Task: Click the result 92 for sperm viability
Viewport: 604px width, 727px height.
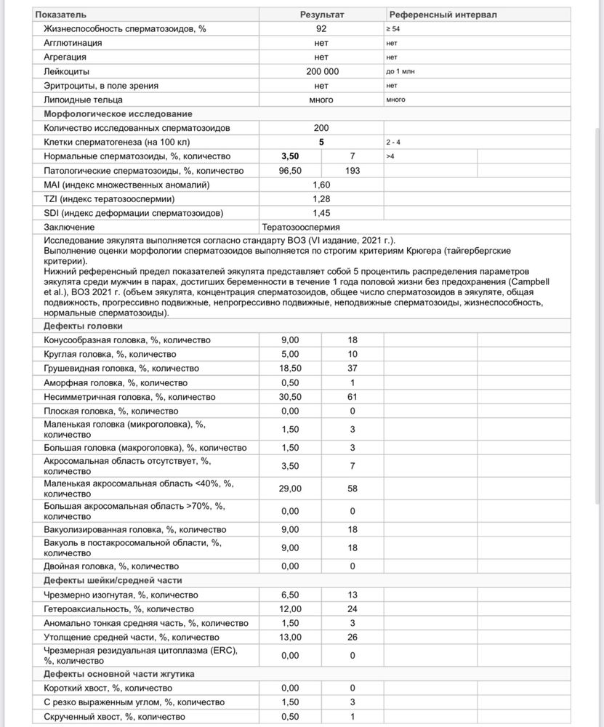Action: tap(321, 28)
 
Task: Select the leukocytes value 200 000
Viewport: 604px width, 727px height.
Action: tap(321, 71)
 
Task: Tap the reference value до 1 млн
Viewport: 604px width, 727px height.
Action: tap(401, 71)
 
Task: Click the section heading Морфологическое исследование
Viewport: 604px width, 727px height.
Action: tap(118, 114)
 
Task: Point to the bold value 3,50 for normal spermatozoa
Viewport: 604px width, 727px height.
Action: tap(290, 156)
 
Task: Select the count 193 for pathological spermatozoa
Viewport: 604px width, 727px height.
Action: tap(353, 171)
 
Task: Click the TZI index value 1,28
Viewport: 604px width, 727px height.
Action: tap(321, 199)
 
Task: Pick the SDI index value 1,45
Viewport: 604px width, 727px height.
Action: tap(321, 213)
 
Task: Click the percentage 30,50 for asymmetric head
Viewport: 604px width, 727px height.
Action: tap(290, 397)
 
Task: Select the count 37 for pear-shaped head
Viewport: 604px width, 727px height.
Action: tap(353, 369)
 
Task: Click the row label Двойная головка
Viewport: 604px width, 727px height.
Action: tap(111, 566)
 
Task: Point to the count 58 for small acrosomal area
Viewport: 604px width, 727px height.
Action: tap(353, 489)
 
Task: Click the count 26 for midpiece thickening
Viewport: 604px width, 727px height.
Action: tap(353, 637)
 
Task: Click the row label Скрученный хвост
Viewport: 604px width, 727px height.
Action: tap(115, 717)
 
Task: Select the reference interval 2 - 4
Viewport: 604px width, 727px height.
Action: tap(394, 142)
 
